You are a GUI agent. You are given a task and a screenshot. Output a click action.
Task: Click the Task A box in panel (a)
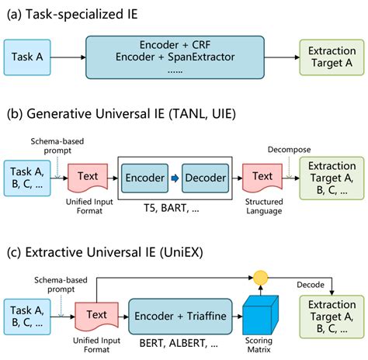coord(28,57)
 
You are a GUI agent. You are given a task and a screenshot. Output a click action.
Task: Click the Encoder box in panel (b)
coord(145,178)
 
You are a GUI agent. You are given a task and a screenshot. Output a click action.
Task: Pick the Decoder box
coord(205,178)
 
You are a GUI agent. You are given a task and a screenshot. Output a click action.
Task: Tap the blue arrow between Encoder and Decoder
coord(175,178)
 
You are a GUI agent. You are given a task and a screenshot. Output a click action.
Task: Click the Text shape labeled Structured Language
coord(263,177)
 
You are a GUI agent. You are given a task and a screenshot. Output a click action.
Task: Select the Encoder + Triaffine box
coord(179,316)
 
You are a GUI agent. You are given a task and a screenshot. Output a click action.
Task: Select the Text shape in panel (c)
coord(92,316)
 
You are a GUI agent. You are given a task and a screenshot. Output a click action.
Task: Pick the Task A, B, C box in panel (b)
coord(29,177)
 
